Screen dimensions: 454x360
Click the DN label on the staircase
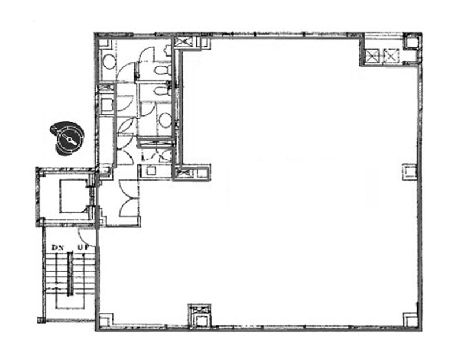58,247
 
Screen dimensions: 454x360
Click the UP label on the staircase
83,247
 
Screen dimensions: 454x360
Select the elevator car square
73,196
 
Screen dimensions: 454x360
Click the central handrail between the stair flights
70,273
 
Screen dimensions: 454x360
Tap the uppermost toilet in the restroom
160,69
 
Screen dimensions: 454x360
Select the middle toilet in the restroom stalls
160,91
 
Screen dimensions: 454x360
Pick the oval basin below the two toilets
165,120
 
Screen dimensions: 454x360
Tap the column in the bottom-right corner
410,320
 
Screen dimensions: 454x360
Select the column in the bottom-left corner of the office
105,320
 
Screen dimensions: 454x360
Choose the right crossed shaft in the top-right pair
392,56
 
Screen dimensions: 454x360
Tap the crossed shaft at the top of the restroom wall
182,42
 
